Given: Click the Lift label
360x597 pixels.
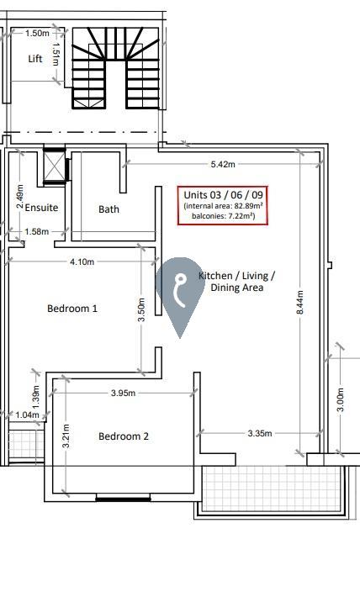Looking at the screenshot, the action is pos(35,59).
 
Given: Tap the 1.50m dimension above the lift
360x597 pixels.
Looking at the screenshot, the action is pos(37,33).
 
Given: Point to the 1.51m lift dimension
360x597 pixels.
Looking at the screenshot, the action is pos(56,54).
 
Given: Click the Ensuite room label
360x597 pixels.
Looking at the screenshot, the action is pos(41,208).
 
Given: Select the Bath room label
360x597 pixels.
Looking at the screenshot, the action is pos(109,209).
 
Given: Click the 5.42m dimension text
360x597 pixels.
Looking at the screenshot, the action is pos(223,164).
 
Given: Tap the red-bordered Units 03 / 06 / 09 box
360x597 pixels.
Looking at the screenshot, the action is pos(222,206).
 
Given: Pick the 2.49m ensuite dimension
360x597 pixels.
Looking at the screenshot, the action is pos(20,197).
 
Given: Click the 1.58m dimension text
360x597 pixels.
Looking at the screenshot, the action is pos(36,231).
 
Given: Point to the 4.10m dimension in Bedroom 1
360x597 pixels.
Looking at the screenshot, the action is pos(82,262).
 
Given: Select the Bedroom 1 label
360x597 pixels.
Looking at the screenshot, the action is pos(72,308).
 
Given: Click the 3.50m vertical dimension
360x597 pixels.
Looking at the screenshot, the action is pos(141,309).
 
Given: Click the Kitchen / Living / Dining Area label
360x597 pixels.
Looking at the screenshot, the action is pos(236,282).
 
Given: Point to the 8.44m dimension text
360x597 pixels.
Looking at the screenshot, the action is pos(300,303).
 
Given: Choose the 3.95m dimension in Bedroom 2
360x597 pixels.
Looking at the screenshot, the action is pos(123,393).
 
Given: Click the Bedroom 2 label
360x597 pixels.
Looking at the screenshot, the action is pos(124,436).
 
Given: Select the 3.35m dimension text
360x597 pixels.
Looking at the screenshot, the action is pos(260,433).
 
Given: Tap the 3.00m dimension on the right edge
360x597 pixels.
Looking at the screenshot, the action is pos(341,399).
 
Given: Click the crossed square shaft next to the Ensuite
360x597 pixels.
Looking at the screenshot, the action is pos(54,166).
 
